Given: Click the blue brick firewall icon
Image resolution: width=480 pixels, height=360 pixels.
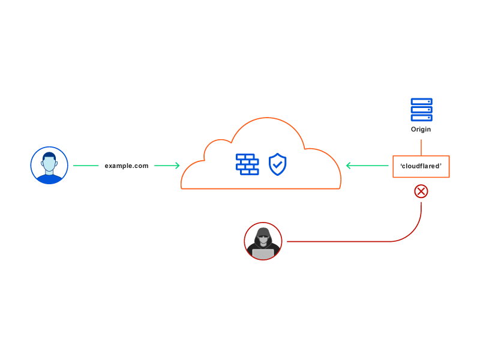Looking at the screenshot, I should click(x=247, y=164).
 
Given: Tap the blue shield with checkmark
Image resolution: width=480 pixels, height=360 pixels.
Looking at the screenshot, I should click(x=277, y=164).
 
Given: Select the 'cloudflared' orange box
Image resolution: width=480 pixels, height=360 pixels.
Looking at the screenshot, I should click(x=421, y=166).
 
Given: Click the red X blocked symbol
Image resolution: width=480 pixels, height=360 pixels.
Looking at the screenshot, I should click(x=421, y=191).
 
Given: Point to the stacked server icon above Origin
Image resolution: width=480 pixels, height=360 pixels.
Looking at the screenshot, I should click(x=421, y=110).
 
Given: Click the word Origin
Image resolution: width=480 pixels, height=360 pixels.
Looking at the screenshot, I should click(x=421, y=130).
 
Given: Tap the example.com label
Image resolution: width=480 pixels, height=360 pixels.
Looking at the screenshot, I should click(x=127, y=166).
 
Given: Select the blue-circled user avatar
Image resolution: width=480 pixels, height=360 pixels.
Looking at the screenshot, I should click(x=49, y=165).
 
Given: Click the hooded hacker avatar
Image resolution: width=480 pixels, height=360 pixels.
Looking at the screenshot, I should click(x=263, y=241).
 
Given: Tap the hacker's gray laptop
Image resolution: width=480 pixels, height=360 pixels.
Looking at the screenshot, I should click(x=263, y=253).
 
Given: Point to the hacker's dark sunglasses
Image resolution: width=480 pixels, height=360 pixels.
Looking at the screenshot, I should click(x=263, y=237).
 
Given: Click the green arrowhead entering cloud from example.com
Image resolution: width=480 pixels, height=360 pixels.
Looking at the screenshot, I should click(x=177, y=166).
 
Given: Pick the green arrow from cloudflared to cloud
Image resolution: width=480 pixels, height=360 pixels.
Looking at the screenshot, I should click(x=367, y=166).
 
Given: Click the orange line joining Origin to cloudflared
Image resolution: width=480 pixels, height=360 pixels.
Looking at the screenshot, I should click(x=421, y=148).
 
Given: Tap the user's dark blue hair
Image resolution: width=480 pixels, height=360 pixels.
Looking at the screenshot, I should click(x=49, y=155).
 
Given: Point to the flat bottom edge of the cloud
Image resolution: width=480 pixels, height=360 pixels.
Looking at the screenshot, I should click(x=261, y=188).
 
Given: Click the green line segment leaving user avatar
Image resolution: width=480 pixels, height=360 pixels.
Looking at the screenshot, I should click(x=86, y=166).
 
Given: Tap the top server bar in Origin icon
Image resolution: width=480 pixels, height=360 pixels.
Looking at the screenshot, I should click(x=421, y=102).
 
